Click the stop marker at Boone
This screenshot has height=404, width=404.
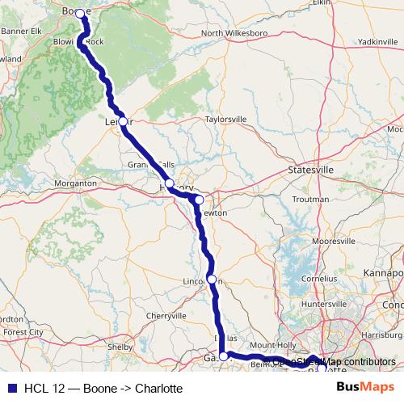tap(80, 13)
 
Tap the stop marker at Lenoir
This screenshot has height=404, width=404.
tap(123, 122)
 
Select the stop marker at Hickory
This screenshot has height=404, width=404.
tap(170, 185)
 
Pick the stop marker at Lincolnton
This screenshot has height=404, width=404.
tap(212, 280)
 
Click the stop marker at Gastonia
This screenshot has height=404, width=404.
tap(224, 355)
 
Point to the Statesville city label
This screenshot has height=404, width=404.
tap(311, 171)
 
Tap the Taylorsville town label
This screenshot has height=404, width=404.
tap(225, 119)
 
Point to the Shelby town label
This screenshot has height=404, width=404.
tap(120, 347)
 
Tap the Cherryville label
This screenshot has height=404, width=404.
tap(167, 315)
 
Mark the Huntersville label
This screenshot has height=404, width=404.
tap(323, 304)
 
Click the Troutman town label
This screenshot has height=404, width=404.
tap(310, 199)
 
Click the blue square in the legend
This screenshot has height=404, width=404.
tap(10, 388)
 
